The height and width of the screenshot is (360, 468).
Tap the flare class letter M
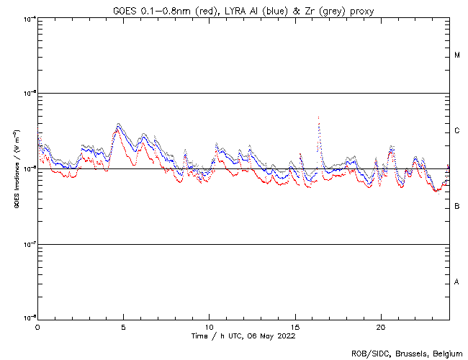click(x=457, y=55)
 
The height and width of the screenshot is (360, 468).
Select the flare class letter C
click(x=457, y=131)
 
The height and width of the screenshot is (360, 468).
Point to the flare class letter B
click(x=457, y=207)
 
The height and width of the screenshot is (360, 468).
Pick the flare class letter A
click(x=457, y=282)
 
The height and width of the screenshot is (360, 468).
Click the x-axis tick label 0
click(x=37, y=326)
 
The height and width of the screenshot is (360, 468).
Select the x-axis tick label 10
click(x=209, y=326)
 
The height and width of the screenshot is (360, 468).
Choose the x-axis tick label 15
click(x=294, y=326)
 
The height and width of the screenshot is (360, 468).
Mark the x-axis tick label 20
click(x=380, y=326)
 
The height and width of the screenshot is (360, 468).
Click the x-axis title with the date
click(x=244, y=336)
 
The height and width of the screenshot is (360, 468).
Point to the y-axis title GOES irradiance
click(x=15, y=168)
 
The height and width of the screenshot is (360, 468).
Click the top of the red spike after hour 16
click(x=318, y=116)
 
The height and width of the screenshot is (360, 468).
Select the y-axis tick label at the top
click(x=29, y=18)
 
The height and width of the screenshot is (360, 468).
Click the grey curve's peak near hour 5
click(x=118, y=124)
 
